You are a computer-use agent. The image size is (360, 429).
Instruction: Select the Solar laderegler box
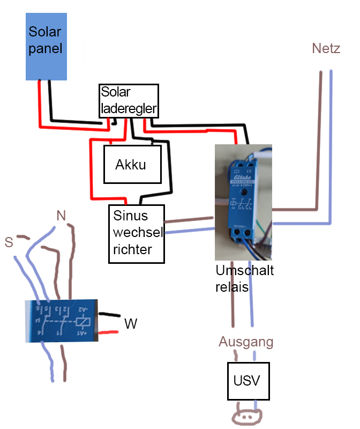(129, 101)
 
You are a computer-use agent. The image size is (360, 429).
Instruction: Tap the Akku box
(132, 164)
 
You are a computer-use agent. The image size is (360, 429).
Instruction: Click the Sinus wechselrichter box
(136, 234)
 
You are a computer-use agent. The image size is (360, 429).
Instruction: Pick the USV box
(247, 381)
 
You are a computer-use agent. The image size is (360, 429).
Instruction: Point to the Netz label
(326, 49)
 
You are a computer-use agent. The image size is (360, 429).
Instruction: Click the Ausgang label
(246, 342)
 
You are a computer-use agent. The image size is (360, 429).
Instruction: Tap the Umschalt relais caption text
(244, 278)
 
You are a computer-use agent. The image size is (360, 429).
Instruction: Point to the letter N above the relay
(61, 216)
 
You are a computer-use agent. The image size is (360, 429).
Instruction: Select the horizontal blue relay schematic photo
(61, 321)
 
